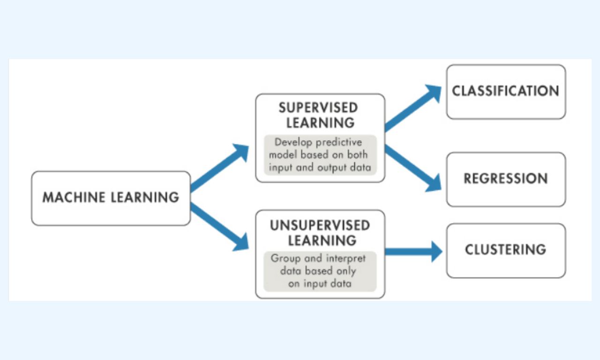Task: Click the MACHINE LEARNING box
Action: coord(111,198)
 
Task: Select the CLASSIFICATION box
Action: coord(506,91)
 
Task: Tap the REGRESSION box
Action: coord(506,179)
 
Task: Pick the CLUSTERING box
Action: coord(506,250)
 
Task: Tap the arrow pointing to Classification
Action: coord(412,108)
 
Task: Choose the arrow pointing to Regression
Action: coord(412,168)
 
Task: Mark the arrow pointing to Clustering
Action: coord(412,252)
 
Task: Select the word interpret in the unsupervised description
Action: coord(346,258)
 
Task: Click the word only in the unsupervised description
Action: coord(345,271)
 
